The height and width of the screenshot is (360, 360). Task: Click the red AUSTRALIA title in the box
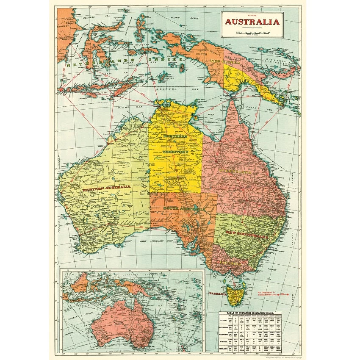tap(252, 22)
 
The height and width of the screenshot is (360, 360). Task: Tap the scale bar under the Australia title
tap(252, 32)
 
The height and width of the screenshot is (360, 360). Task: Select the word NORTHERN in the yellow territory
tap(175, 137)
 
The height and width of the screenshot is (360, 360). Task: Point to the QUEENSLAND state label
tap(235, 172)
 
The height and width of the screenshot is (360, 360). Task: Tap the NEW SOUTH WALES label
tap(247, 235)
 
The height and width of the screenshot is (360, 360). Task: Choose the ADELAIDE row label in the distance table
tap(225, 349)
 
